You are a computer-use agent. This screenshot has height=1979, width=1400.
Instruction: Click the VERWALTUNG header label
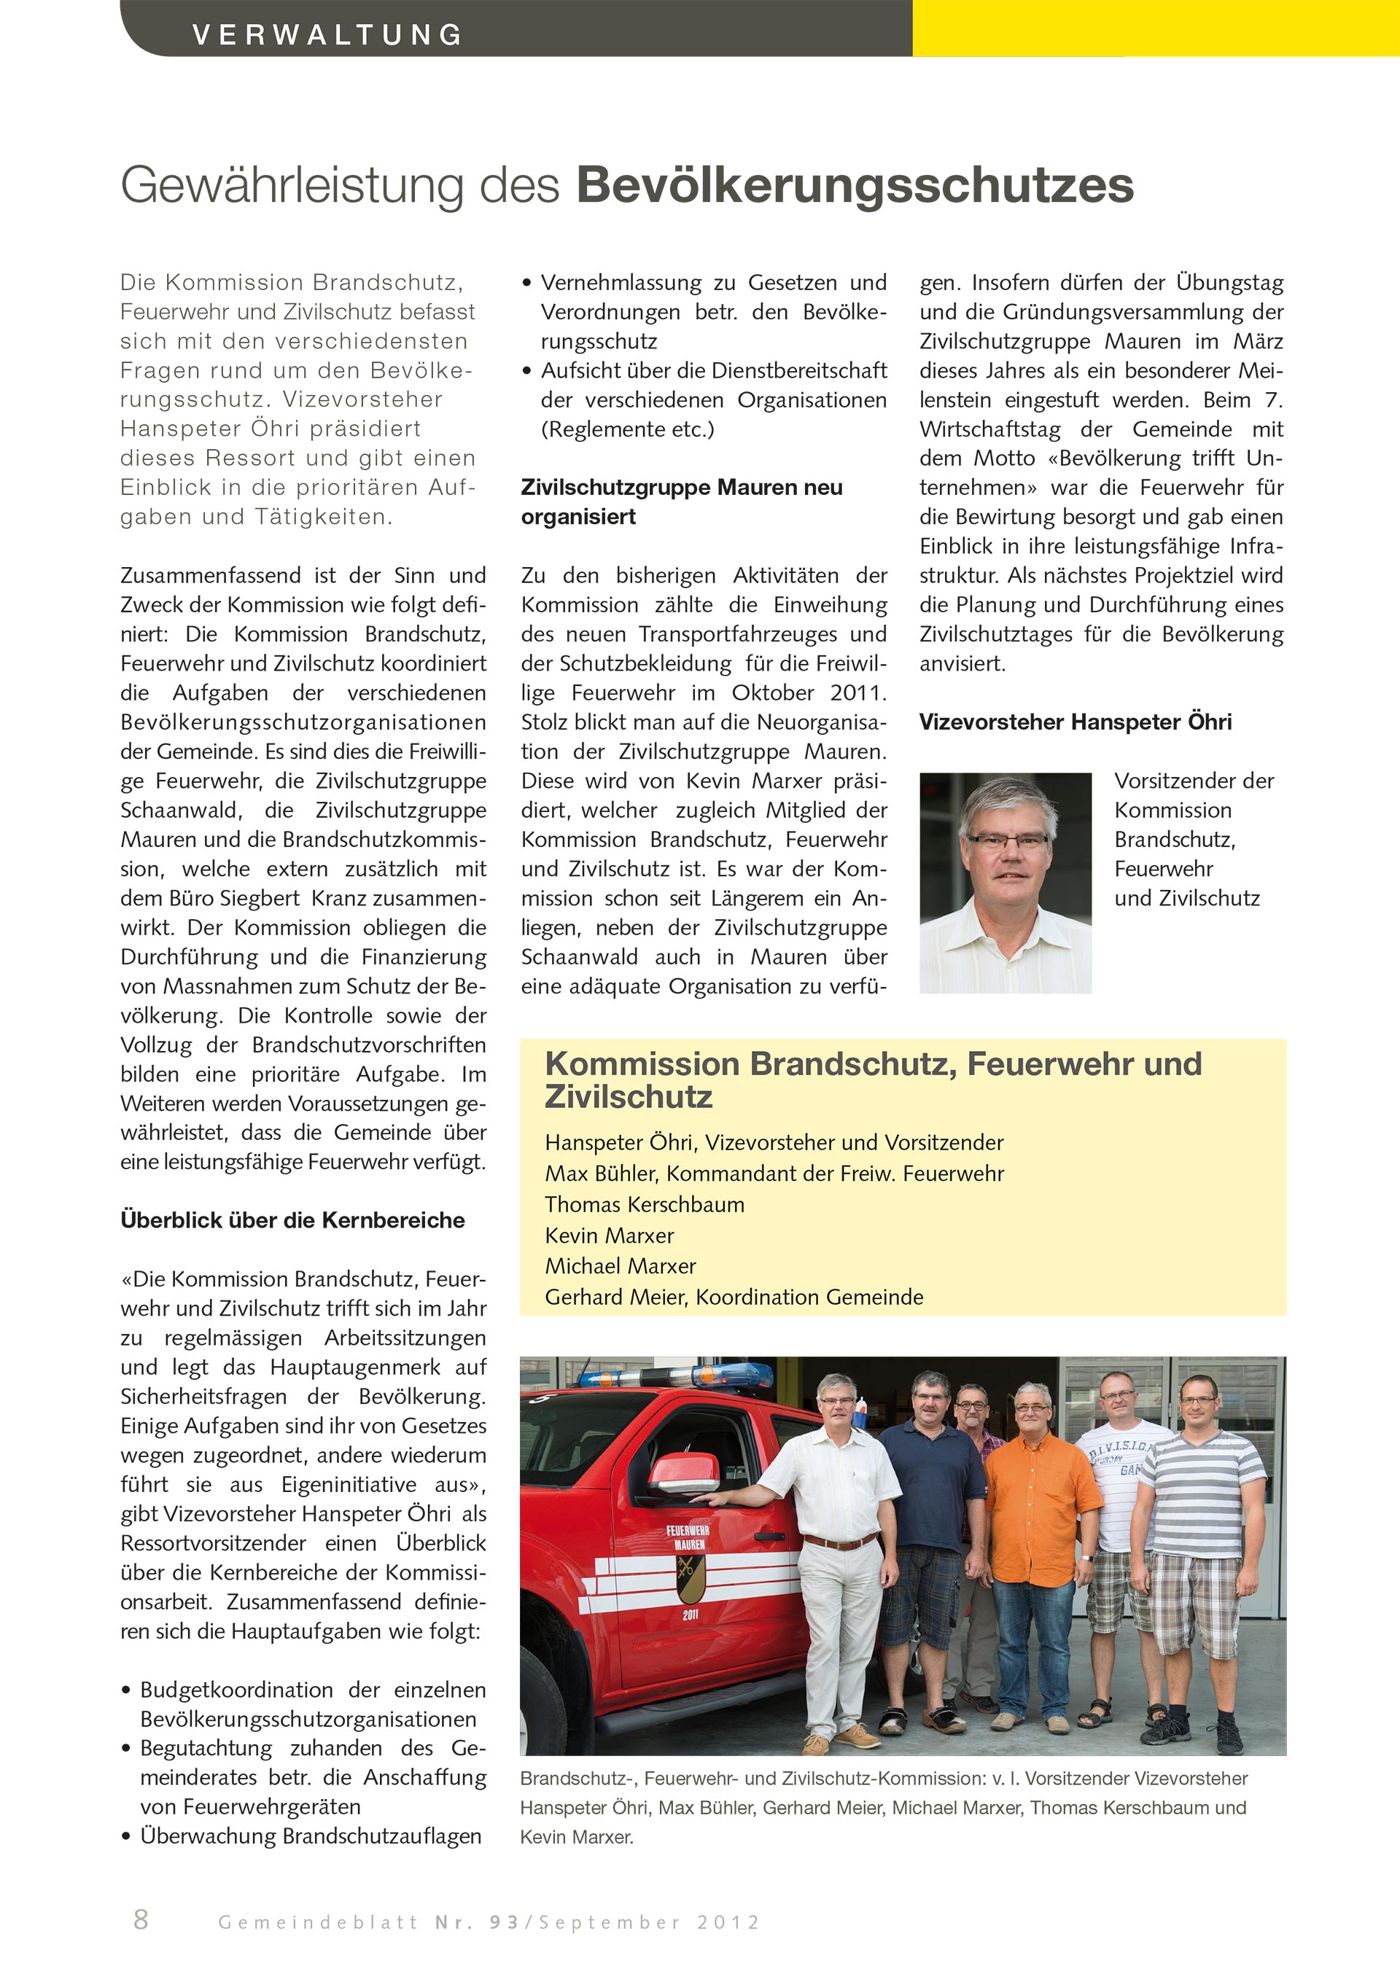(x=327, y=34)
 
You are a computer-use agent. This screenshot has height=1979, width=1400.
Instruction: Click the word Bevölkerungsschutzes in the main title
(x=855, y=185)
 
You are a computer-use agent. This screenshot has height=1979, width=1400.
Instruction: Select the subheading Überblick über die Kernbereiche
(x=292, y=1220)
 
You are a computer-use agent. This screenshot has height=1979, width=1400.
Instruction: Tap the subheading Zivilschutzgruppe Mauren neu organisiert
(x=681, y=501)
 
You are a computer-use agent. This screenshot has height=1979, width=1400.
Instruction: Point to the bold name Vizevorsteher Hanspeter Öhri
(x=1075, y=722)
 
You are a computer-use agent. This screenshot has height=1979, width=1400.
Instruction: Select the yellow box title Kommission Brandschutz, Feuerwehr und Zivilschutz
(x=872, y=1080)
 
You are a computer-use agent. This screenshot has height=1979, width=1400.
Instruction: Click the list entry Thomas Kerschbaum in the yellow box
(x=644, y=1204)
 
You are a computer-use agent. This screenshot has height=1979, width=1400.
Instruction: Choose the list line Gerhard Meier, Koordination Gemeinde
(x=734, y=1297)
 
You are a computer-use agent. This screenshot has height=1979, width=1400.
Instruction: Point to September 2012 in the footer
(x=649, y=1923)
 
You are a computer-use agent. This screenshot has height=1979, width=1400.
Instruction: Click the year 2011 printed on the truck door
(x=690, y=1615)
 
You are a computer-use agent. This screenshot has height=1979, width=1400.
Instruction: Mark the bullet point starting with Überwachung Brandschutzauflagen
(x=311, y=1836)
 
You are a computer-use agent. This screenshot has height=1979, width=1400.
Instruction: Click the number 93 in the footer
(x=505, y=1923)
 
